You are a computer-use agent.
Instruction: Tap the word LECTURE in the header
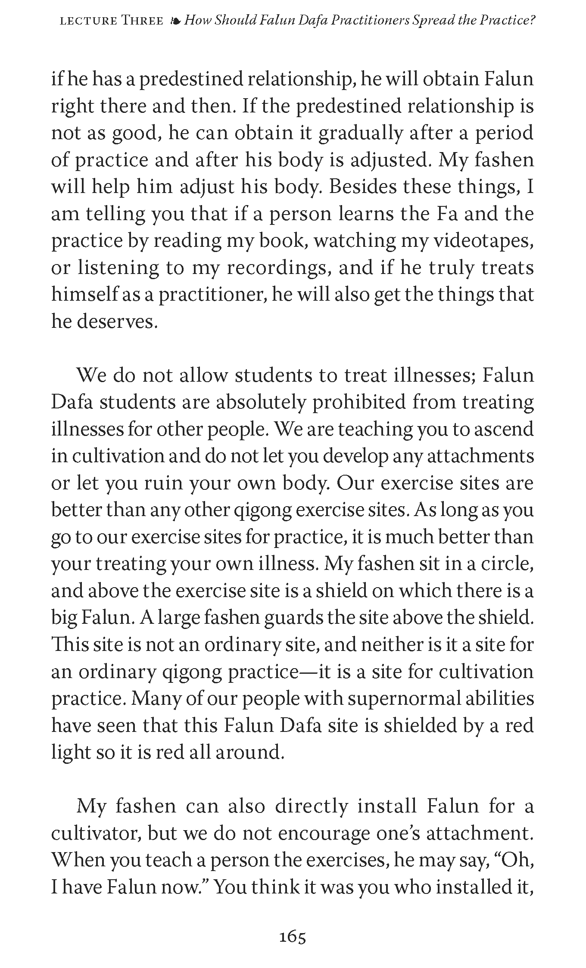point(88,21)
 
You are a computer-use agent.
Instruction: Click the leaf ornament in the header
point(176,21)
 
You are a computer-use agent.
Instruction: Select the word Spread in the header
point(433,21)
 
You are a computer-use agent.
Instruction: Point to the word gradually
point(361,133)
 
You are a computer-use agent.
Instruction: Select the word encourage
point(323,833)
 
